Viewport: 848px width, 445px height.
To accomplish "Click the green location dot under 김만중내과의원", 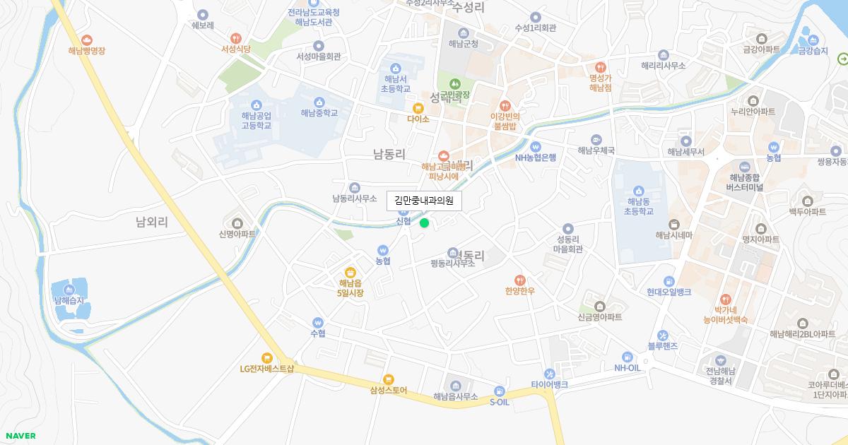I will click(x=424, y=223).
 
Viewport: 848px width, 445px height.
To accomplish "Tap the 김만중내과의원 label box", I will click(x=424, y=201).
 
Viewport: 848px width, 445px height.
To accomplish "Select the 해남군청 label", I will click(x=464, y=44).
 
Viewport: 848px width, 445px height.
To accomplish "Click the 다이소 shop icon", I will click(x=418, y=108).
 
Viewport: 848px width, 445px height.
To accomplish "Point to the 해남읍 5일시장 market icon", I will click(x=350, y=272).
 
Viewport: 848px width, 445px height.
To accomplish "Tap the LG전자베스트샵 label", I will click(x=266, y=369).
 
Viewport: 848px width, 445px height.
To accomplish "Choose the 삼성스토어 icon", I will click(x=388, y=379).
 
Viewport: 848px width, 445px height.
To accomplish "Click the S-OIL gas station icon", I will click(x=500, y=391).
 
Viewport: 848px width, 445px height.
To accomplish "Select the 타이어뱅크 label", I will click(x=549, y=385).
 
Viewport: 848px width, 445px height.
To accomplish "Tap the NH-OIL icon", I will click(x=627, y=357).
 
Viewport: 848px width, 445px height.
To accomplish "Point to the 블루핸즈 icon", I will click(x=662, y=335).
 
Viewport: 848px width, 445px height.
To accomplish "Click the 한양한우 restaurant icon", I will click(x=520, y=280).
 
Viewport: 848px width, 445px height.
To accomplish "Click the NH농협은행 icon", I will click(x=535, y=147).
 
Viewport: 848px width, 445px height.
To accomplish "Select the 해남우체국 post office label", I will click(x=596, y=150).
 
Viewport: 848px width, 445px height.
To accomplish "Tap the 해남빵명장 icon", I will click(x=86, y=40).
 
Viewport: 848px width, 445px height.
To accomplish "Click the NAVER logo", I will click(x=20, y=436).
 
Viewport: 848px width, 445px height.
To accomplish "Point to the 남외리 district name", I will click(x=152, y=222).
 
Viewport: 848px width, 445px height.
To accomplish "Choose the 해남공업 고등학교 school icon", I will click(x=256, y=105).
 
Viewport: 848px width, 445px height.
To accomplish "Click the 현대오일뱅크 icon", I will click(x=669, y=281).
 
